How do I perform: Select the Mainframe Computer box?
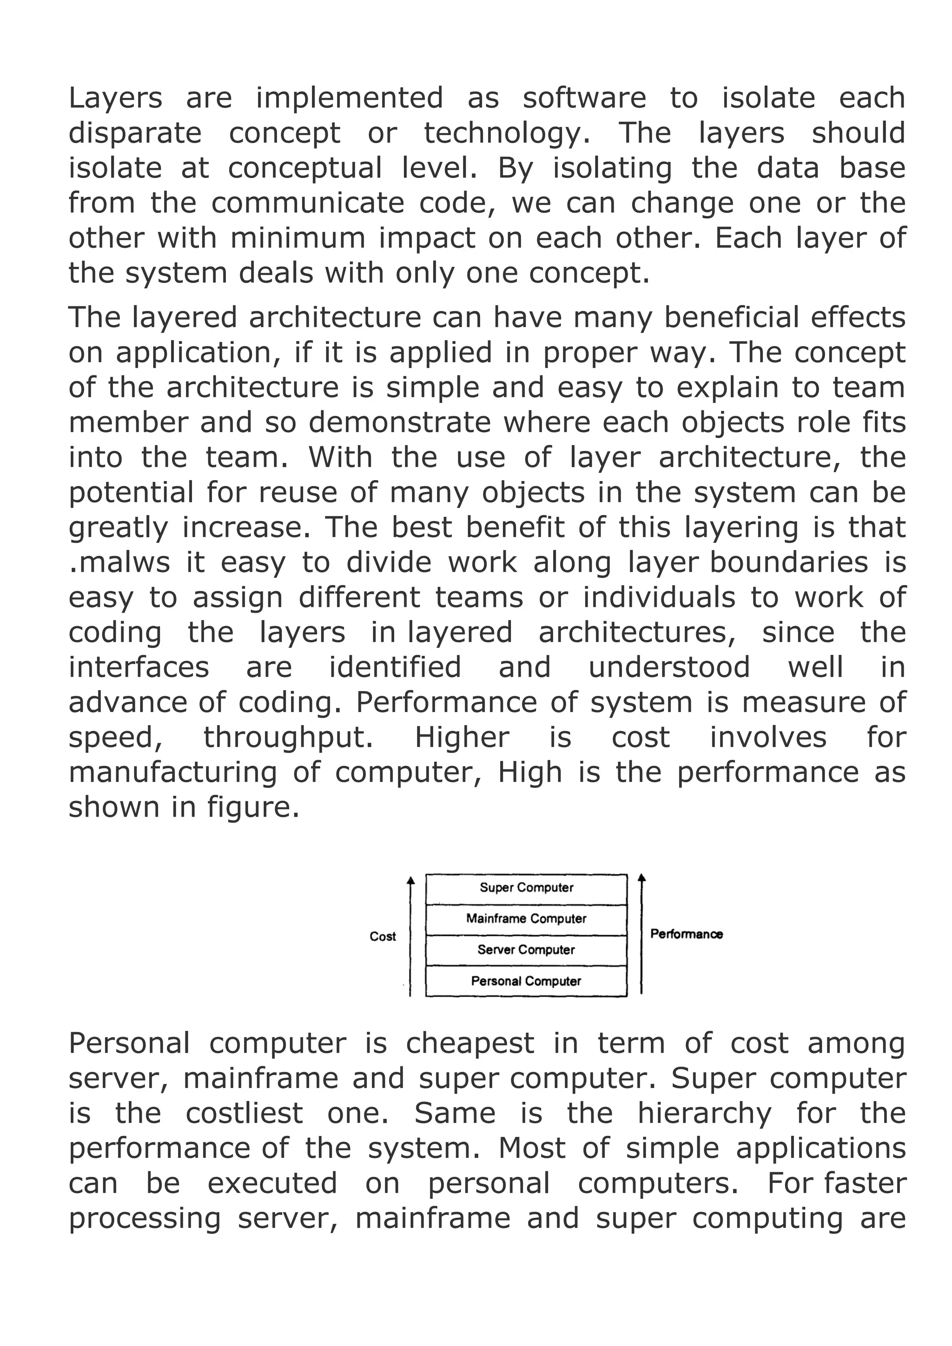(526, 918)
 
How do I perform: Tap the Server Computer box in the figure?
(526, 949)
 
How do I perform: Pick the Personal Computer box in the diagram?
(526, 981)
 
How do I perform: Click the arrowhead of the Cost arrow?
(410, 879)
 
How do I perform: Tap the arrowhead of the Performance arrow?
(642, 877)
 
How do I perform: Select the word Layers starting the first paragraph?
(115, 98)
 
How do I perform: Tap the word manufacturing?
(172, 772)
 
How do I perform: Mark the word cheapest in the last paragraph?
(469, 1043)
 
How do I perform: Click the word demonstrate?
(399, 422)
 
